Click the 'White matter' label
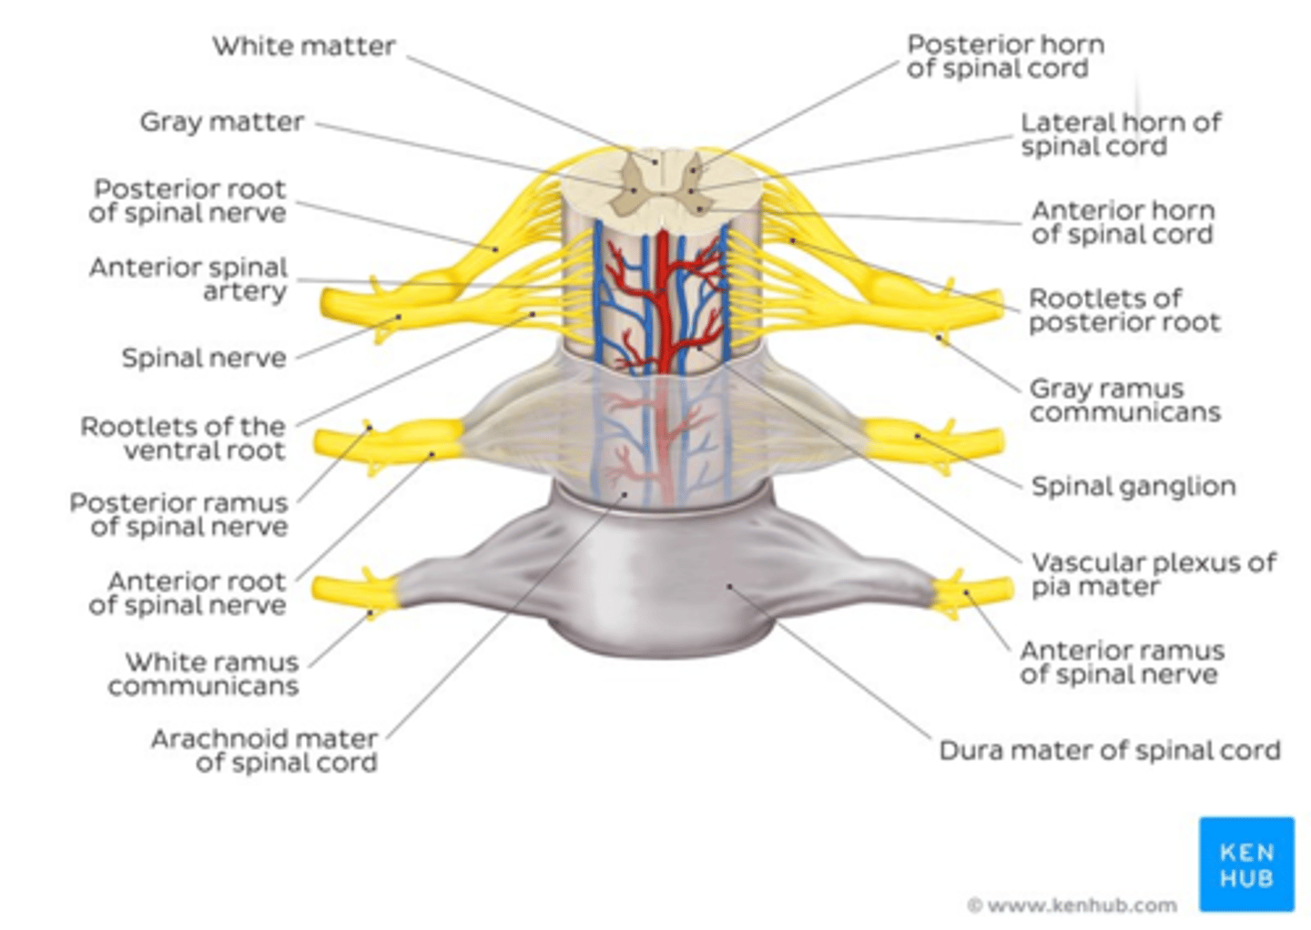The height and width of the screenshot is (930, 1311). click(x=303, y=46)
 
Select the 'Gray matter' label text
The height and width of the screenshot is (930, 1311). click(x=221, y=122)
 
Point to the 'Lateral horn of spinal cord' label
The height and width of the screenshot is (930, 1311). click(x=1119, y=134)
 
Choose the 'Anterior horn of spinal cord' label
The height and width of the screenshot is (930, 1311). click(x=1122, y=222)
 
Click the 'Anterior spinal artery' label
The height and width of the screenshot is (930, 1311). click(x=188, y=279)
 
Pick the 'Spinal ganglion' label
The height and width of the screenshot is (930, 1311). click(x=1133, y=486)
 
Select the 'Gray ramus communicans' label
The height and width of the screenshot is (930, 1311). click(x=1123, y=400)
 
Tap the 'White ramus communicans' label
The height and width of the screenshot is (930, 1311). click(x=204, y=673)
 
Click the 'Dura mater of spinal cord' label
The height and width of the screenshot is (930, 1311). click(x=1109, y=751)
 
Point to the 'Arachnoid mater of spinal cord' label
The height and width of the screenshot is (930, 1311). click(x=265, y=751)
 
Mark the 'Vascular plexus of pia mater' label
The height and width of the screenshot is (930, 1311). click(x=1153, y=574)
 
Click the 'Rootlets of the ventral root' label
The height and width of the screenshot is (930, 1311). click(x=183, y=438)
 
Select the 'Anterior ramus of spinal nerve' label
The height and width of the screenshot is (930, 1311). click(x=1121, y=662)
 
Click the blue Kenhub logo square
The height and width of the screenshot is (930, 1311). click(x=1245, y=864)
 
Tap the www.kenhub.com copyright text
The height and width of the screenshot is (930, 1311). click(x=1072, y=905)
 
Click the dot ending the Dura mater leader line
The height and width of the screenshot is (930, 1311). click(x=729, y=587)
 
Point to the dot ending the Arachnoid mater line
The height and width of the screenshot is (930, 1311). click(x=625, y=495)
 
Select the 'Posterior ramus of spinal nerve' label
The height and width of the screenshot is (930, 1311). click(x=179, y=514)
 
